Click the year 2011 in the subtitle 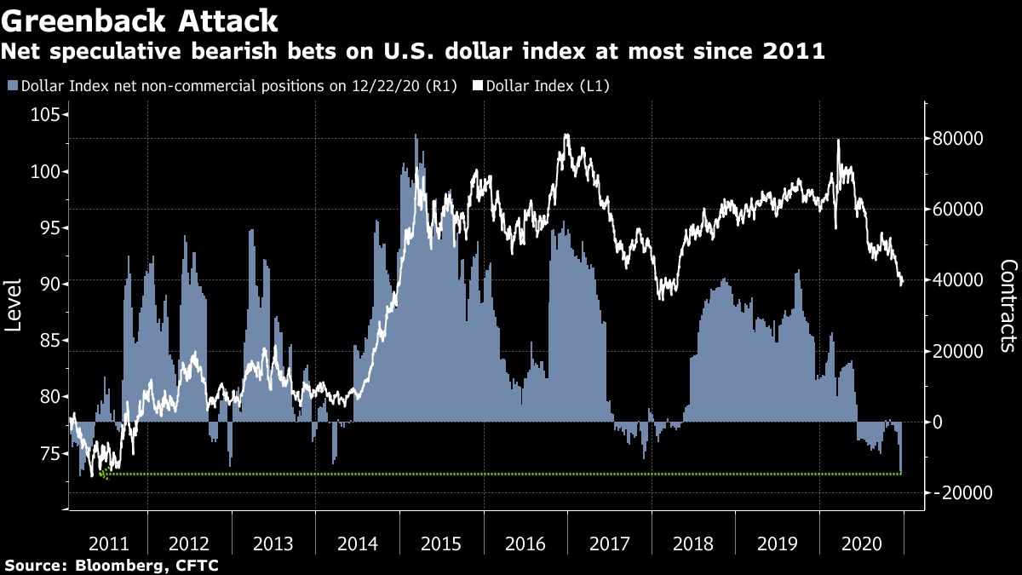click(795, 52)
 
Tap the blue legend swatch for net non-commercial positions click(12, 86)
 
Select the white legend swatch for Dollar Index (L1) click(478, 86)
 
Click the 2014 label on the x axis click(357, 544)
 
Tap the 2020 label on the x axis click(861, 544)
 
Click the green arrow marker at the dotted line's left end click(104, 474)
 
